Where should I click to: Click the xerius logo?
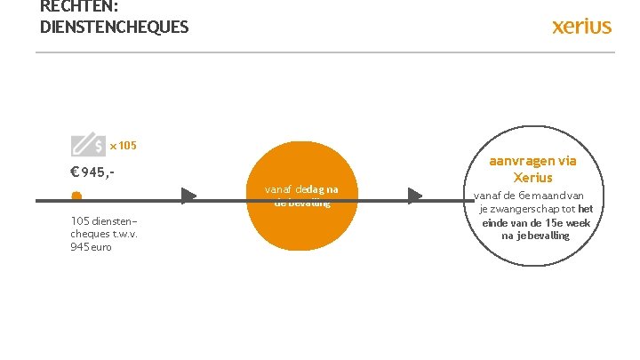(x=581, y=26)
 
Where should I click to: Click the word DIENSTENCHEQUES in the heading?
(x=114, y=27)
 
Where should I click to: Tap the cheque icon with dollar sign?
(x=86, y=145)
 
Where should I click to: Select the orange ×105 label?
(x=123, y=145)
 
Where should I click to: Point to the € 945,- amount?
(x=93, y=172)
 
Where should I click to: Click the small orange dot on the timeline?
(x=76, y=196)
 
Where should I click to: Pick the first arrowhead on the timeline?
(x=188, y=196)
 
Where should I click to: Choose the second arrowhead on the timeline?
(x=415, y=196)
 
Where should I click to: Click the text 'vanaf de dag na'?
(x=301, y=188)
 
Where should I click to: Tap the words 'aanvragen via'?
(x=532, y=161)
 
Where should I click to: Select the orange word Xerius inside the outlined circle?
(x=532, y=177)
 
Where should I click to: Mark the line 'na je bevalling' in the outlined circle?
(x=535, y=236)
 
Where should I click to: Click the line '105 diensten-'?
(x=103, y=220)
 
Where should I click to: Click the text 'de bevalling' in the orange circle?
(x=301, y=202)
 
